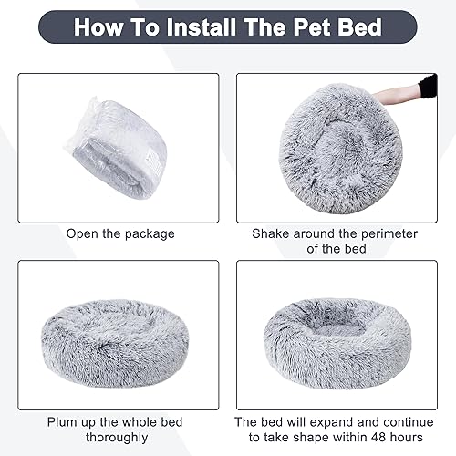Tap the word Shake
click(271, 233)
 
